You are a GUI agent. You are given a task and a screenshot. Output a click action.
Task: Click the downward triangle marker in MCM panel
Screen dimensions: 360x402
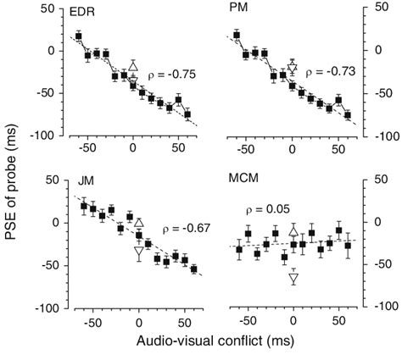(x=293, y=278)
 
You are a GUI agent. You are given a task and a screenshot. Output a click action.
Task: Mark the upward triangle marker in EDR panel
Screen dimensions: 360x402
(x=132, y=66)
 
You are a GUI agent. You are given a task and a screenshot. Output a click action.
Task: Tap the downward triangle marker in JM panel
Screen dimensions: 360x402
(x=139, y=251)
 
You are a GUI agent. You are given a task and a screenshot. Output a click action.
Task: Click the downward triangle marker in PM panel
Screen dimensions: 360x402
(x=293, y=68)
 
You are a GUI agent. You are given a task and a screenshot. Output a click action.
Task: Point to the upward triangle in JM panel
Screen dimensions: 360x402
(x=139, y=222)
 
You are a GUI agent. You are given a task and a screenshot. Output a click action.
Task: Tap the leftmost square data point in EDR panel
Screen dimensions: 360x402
(x=78, y=36)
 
